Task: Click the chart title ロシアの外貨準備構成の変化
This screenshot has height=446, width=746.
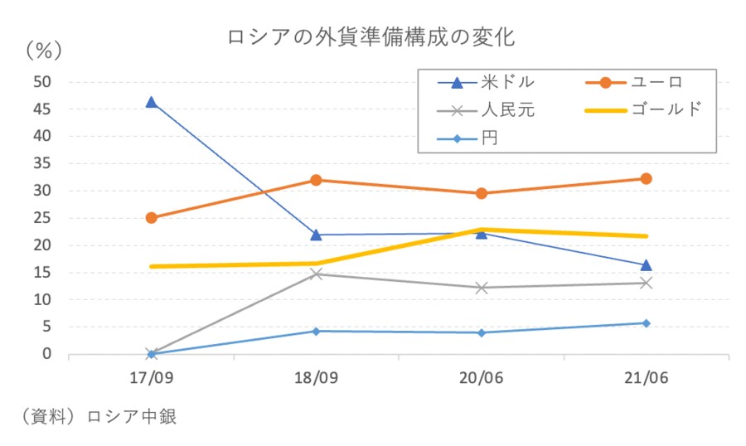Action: pyautogui.click(x=371, y=37)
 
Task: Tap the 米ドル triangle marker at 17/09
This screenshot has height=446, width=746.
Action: pyautogui.click(x=151, y=102)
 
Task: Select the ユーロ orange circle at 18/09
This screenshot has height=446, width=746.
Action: pyautogui.click(x=316, y=180)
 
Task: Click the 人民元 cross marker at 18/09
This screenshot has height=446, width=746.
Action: pyautogui.click(x=316, y=274)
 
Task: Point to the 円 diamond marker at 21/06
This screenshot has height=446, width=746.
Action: pyautogui.click(x=646, y=323)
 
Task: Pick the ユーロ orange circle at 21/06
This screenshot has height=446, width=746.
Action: pyautogui.click(x=646, y=178)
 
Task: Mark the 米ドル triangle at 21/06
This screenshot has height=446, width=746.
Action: pyautogui.click(x=646, y=265)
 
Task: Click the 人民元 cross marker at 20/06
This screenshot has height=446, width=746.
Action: pyautogui.click(x=481, y=288)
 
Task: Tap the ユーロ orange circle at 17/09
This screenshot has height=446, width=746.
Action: pyautogui.click(x=151, y=218)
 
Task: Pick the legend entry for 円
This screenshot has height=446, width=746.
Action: pyautogui.click(x=490, y=136)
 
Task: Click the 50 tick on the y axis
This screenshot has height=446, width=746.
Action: pyautogui.click(x=42, y=81)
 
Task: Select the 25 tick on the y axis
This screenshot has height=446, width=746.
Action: pyautogui.click(x=42, y=218)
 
